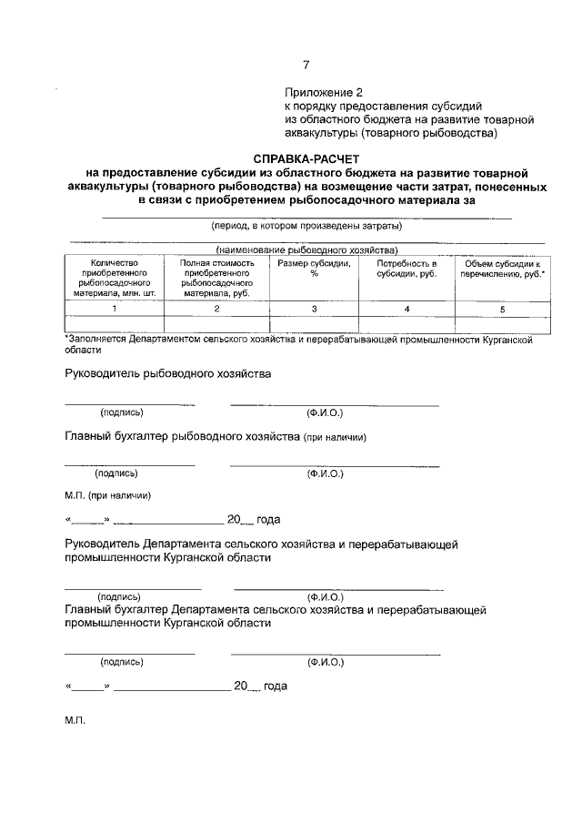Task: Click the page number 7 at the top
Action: [306, 64]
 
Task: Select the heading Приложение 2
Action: [324, 93]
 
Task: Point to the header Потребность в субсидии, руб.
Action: [407, 270]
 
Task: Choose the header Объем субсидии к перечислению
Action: [503, 270]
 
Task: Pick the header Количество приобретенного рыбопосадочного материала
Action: [114, 278]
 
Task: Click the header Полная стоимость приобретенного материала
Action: [216, 278]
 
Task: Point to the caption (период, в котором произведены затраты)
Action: [306, 225]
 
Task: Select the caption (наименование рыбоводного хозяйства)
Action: [306, 249]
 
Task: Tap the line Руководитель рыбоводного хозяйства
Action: [168, 373]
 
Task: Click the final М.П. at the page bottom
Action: [75, 719]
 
